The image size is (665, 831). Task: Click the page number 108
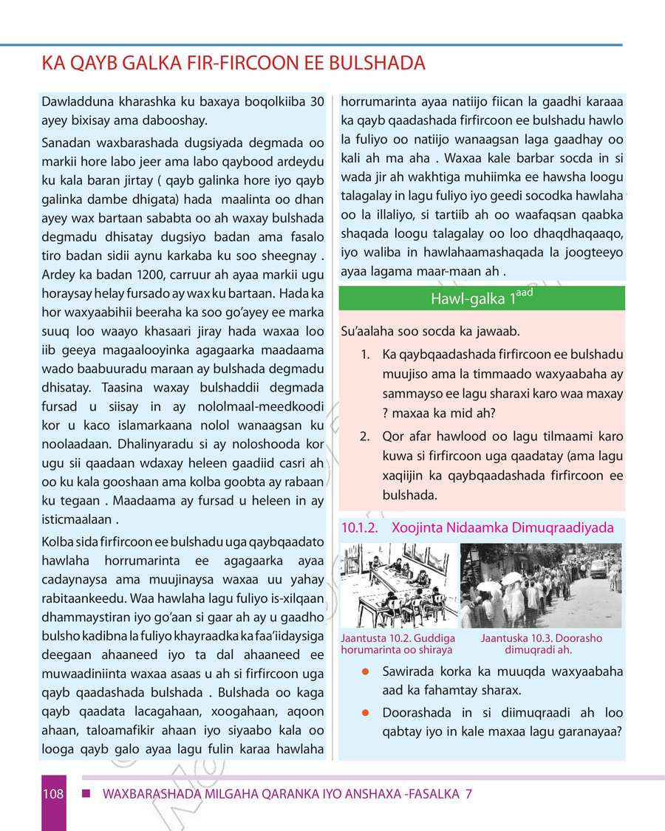click(x=52, y=795)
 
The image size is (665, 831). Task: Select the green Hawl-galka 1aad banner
click(x=481, y=298)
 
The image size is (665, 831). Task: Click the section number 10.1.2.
click(x=361, y=528)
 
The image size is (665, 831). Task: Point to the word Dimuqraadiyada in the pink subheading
click(x=566, y=528)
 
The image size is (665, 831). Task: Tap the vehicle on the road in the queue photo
click(x=597, y=567)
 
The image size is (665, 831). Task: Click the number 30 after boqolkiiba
click(x=316, y=100)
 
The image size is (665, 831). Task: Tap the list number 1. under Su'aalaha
click(x=365, y=355)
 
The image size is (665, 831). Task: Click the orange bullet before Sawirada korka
click(x=365, y=672)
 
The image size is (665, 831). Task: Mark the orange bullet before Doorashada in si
click(x=365, y=714)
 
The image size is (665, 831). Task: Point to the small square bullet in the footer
click(x=86, y=795)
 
